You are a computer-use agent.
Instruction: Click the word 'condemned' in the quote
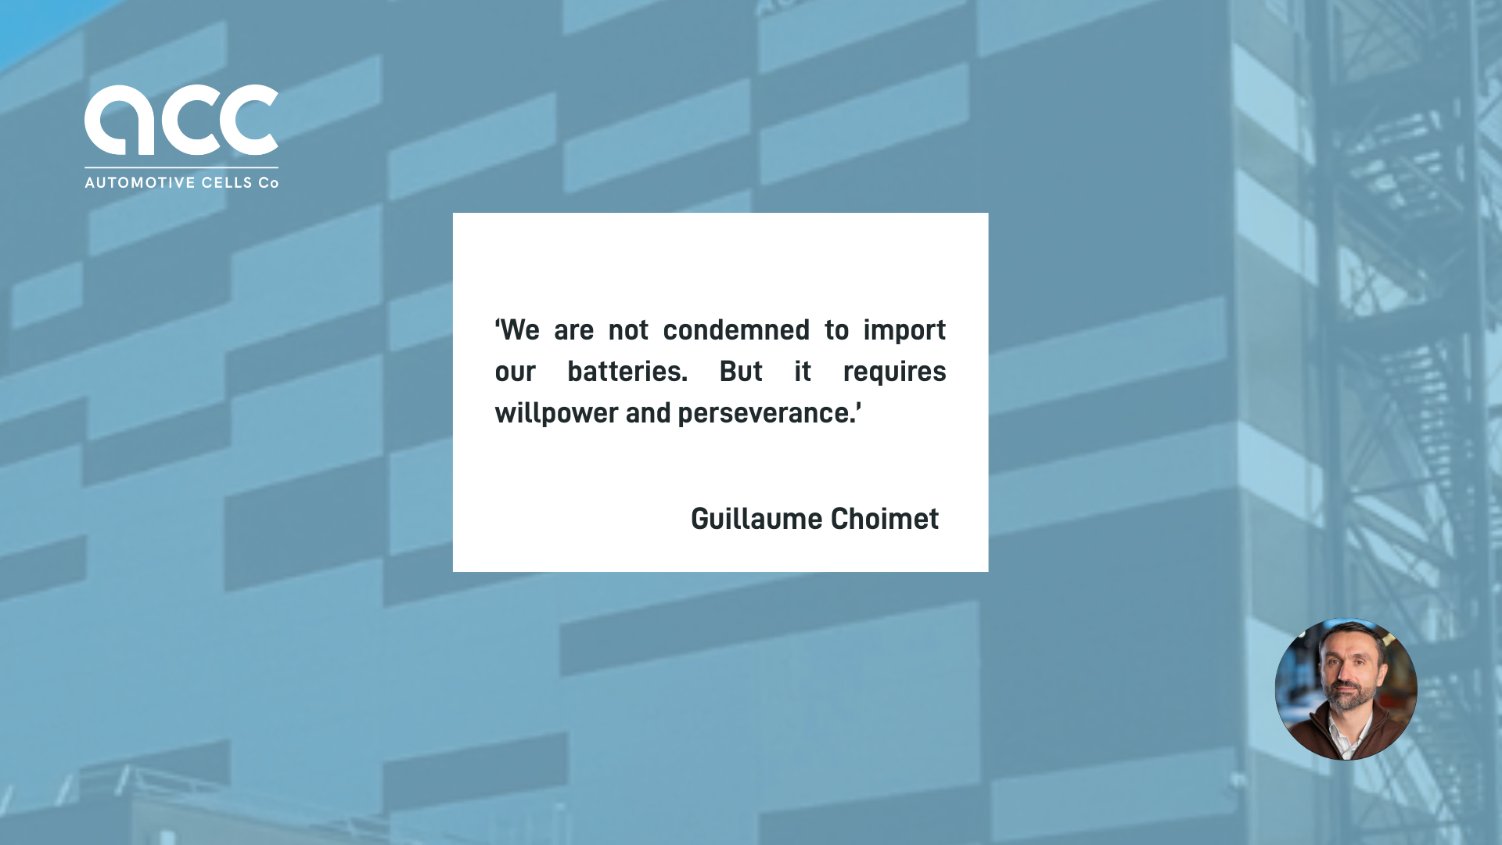736,330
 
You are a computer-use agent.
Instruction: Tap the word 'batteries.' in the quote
627,372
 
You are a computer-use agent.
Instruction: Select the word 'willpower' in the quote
556,413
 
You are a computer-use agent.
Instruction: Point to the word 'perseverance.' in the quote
769,413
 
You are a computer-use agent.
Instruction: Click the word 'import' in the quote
904,330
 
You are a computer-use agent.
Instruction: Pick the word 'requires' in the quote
894,372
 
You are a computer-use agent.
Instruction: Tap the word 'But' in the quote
741,372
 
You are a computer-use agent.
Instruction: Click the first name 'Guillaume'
756,519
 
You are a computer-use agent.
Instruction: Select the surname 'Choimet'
884,519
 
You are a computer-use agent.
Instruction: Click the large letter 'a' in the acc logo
118,120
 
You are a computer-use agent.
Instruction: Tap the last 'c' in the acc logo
249,120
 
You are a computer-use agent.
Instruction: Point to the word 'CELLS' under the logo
227,183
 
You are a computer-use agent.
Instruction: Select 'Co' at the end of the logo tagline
268,183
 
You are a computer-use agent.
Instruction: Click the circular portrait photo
1346,689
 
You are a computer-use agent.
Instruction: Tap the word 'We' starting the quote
519,330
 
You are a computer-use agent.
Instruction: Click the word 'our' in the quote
515,372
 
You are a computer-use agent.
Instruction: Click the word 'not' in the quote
628,330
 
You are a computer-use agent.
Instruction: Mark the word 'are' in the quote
573,330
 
